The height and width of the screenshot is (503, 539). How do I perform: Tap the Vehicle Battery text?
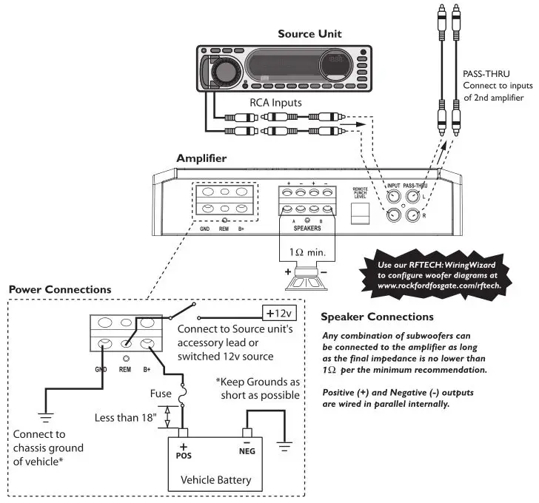click(x=216, y=480)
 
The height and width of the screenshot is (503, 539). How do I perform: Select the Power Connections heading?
click(x=61, y=289)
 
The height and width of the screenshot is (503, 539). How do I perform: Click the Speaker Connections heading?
click(x=377, y=317)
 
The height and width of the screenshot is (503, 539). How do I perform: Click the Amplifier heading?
click(x=201, y=158)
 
